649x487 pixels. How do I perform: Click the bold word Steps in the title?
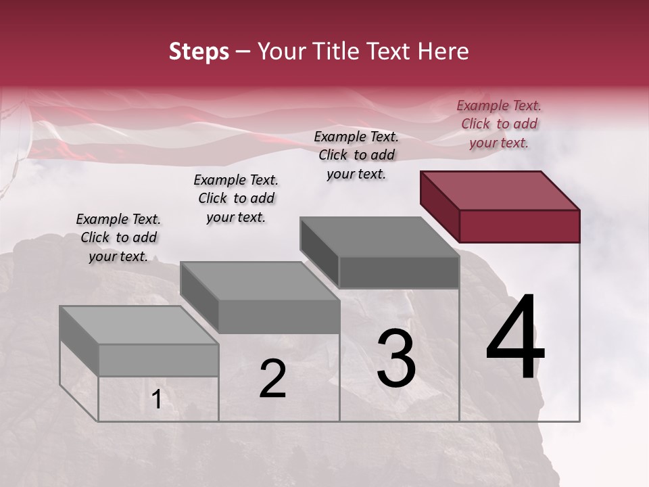[x=199, y=52]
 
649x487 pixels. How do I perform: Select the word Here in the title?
[x=443, y=52]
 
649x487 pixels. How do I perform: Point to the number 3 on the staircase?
[x=395, y=358]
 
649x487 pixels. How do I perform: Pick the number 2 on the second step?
[x=272, y=379]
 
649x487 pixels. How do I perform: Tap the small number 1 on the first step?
[x=156, y=400]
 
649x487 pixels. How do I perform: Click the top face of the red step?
[x=499, y=191]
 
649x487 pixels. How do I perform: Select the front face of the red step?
[x=519, y=226]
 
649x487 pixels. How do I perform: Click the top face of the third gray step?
[x=379, y=237]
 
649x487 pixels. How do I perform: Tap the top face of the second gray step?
[x=259, y=281]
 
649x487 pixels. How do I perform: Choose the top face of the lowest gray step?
[x=139, y=325]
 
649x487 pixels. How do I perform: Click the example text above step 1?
[x=118, y=237]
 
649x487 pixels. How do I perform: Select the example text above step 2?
[x=236, y=198]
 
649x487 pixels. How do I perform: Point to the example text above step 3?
[x=356, y=155]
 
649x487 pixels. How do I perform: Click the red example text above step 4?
[x=499, y=124]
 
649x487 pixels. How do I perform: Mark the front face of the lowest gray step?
[x=158, y=361]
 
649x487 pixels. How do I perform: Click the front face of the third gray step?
[x=399, y=273]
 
